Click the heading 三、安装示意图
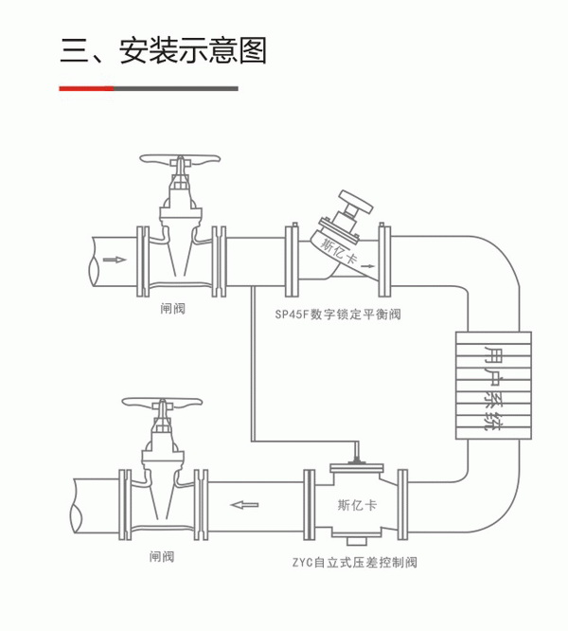pyautogui.click(x=163, y=49)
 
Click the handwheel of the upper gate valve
pyautogui.click(x=179, y=159)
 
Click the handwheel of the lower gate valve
pyautogui.click(x=162, y=403)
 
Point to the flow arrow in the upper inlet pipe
pyautogui.click(x=113, y=258)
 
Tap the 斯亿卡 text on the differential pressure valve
pyautogui.click(x=357, y=504)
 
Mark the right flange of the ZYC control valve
pyautogui.click(x=404, y=503)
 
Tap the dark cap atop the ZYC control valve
pyautogui.click(x=355, y=463)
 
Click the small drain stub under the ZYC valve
pyautogui.click(x=355, y=542)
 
